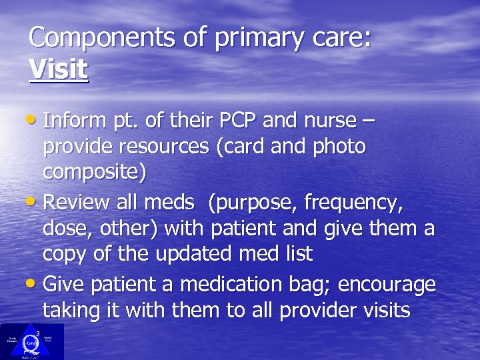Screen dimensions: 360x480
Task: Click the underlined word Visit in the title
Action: pos(59,69)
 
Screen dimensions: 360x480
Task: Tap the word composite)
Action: pos(95,173)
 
